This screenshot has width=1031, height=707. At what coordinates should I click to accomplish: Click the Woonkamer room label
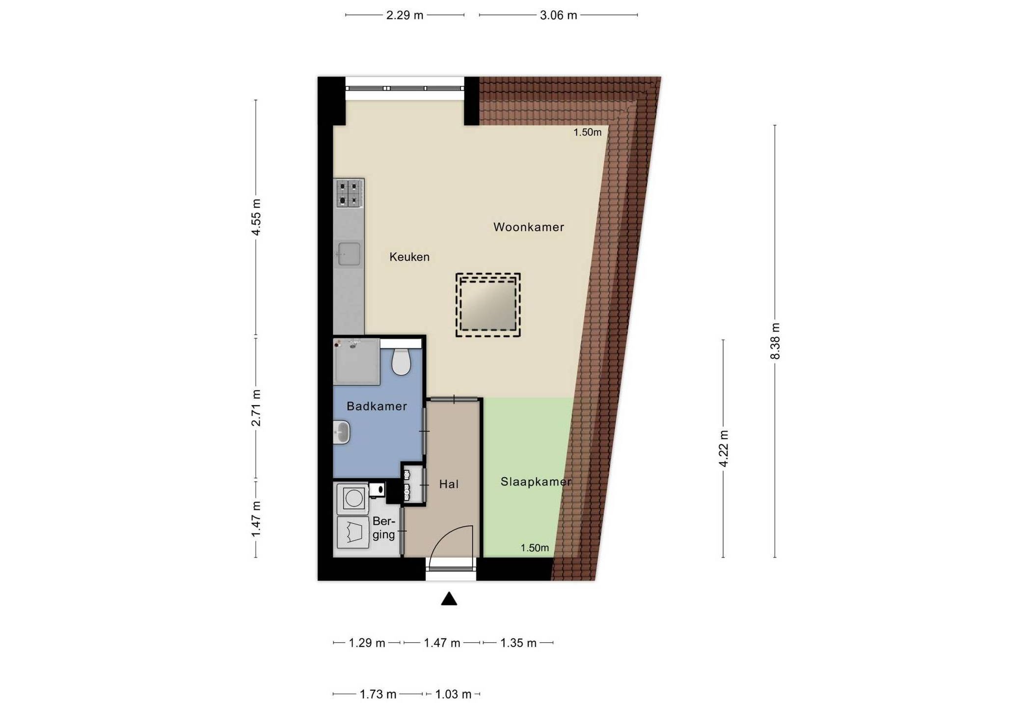coord(528,227)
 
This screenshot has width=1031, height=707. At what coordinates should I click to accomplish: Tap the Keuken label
coord(409,257)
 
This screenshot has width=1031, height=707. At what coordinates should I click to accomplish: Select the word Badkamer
coord(377,406)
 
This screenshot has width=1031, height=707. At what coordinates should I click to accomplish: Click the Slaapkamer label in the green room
coord(536,482)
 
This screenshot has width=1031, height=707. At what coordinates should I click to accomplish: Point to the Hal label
coord(448,484)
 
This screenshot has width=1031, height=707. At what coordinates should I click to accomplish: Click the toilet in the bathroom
coord(401,362)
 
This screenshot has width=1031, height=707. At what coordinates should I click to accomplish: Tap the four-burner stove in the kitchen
coord(349,193)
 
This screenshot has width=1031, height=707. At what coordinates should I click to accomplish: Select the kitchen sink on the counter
coord(349,254)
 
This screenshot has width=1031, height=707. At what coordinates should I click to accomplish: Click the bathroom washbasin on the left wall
coord(341,432)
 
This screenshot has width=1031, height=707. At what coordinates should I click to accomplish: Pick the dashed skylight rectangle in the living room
coord(488,305)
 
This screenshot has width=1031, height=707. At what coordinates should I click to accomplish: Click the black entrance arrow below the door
coord(449,599)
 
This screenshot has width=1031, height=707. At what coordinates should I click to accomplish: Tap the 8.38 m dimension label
coord(775,341)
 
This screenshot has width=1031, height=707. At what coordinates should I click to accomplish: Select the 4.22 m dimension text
coord(723,448)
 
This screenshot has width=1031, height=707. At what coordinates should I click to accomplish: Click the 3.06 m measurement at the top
coord(558,15)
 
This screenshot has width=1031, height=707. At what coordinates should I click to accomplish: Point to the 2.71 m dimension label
coord(256,408)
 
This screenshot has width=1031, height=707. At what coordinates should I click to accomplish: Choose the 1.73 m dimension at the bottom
coord(378,694)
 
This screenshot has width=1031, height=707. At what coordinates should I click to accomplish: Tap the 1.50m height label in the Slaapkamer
coord(534,548)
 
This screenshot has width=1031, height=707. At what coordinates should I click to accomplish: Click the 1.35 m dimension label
coord(518,643)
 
